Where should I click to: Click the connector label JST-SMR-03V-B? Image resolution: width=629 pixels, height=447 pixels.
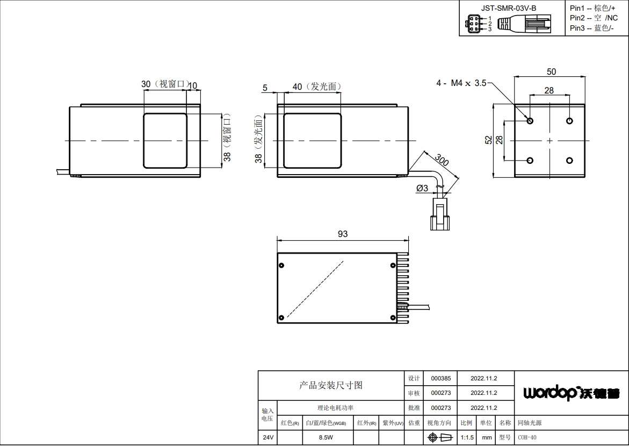coord(509,8)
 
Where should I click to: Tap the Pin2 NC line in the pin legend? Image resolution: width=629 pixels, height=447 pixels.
coord(594,18)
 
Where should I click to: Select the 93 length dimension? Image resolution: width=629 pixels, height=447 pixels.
coord(343,234)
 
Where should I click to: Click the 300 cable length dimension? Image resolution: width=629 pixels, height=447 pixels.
coord(441,160)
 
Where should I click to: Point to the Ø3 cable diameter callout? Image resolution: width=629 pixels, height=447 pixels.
coord(422,188)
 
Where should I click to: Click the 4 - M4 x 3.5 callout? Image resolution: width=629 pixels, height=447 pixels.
coord(461,83)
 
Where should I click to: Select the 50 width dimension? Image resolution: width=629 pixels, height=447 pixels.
coord(552,71)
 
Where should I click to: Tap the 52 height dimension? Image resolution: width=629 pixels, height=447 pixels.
coord(488,140)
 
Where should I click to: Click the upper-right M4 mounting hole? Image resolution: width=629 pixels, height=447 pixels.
coord(569,120)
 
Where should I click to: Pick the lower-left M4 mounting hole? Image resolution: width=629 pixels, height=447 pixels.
coord(530,161)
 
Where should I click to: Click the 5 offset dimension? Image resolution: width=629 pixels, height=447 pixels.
coord(265,88)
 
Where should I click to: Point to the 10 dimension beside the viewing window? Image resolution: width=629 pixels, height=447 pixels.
coord(192,85)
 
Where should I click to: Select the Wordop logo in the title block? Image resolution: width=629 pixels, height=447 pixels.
coord(571,392)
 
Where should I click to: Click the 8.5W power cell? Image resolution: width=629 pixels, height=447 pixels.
coord(326,438)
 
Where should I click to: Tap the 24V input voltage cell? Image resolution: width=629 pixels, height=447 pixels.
coord(268,438)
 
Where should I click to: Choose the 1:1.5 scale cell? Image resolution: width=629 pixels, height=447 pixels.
coord(467,438)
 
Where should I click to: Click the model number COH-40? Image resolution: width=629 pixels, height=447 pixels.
coord(527,438)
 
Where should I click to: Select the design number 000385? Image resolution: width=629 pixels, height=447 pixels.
coord(441,378)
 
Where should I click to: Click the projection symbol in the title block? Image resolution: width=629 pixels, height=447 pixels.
coord(440,437)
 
